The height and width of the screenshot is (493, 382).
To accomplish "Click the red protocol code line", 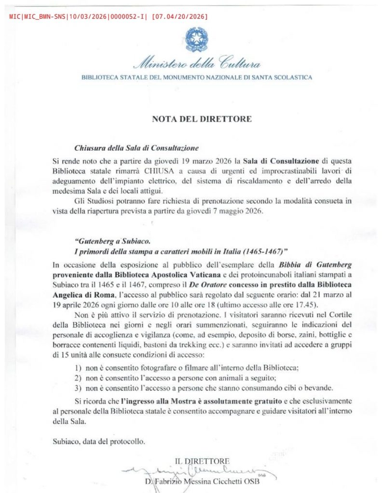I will click(109, 17).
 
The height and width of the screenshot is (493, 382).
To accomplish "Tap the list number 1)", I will click(79, 368).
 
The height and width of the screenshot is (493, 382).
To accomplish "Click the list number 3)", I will click(79, 388).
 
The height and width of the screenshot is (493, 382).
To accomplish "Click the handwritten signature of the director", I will click(203, 470).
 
